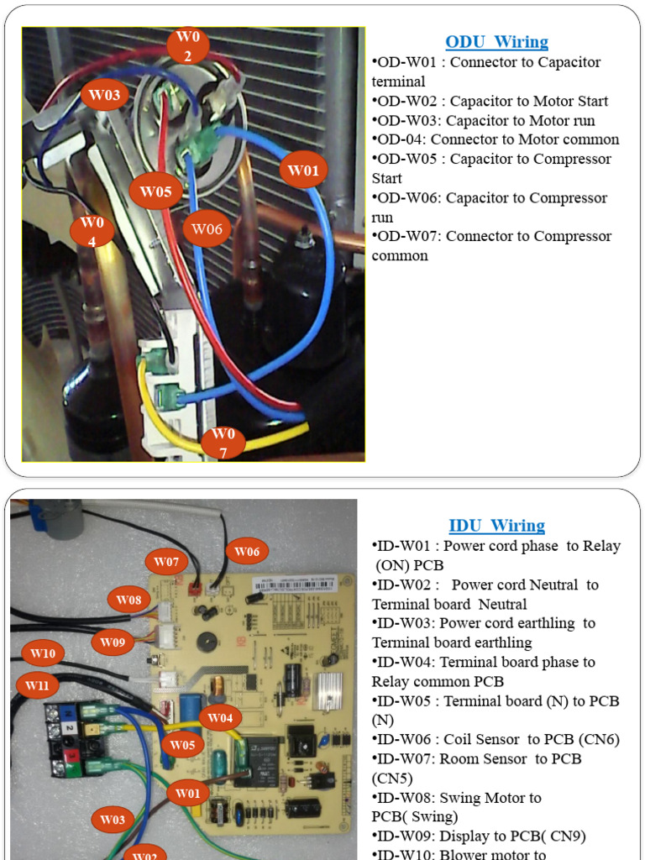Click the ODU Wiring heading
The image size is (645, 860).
(x=496, y=42)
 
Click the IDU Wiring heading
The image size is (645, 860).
(x=496, y=526)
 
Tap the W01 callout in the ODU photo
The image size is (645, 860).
(x=303, y=170)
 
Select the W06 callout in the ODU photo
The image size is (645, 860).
(x=207, y=228)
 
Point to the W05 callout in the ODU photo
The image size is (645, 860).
(x=155, y=191)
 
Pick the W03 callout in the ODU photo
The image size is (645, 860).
(x=104, y=95)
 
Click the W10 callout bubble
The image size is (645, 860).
(x=43, y=653)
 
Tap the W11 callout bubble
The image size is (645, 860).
(x=36, y=685)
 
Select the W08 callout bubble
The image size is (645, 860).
(x=129, y=600)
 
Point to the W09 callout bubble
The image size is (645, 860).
(x=113, y=642)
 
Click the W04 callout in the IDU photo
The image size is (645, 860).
(x=220, y=717)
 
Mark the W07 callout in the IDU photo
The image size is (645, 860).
(x=166, y=560)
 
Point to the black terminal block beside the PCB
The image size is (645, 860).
(x=73, y=739)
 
